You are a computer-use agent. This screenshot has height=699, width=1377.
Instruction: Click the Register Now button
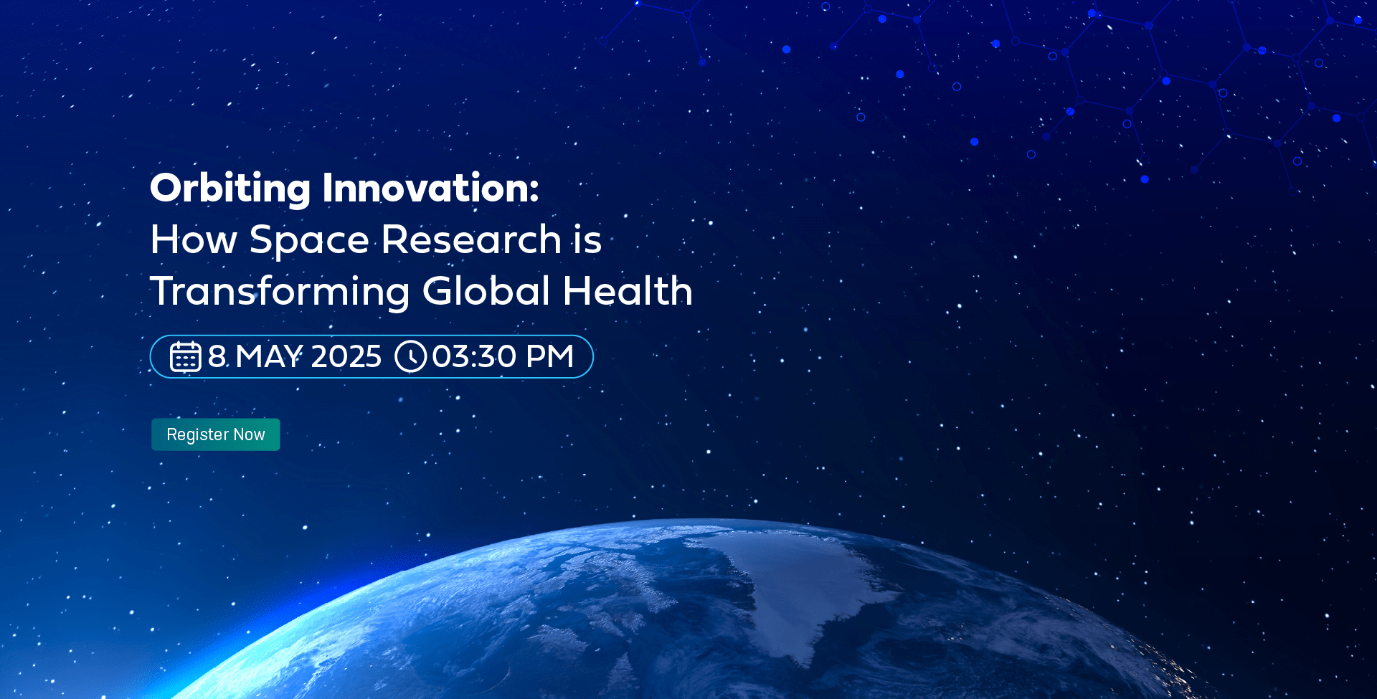pos(216,434)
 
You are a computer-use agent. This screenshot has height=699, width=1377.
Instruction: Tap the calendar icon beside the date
pos(185,356)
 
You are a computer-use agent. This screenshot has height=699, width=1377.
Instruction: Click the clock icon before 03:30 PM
pos(411,356)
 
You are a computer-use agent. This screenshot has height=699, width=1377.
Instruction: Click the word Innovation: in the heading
pos(430,188)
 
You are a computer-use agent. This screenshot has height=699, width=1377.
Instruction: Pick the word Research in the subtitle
pos(471,239)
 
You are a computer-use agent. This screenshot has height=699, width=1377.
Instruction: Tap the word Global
pos(486,290)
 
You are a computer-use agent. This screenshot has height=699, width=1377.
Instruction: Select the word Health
pos(628,290)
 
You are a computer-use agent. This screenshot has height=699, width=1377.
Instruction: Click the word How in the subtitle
pos(194,239)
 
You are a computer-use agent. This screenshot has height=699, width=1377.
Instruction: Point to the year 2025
pos(346,356)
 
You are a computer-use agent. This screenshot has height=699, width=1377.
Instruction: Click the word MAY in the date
pos(269,356)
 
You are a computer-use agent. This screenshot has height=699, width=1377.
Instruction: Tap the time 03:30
pos(474,356)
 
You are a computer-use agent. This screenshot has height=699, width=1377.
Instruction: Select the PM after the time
pos(550,356)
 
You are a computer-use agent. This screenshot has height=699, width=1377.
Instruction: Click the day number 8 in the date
pos(217,356)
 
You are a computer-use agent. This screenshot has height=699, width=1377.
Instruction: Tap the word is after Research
pos(587,239)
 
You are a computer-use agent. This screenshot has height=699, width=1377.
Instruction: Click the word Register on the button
pos(198,435)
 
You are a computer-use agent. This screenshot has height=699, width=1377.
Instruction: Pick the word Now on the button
pos(250,434)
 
